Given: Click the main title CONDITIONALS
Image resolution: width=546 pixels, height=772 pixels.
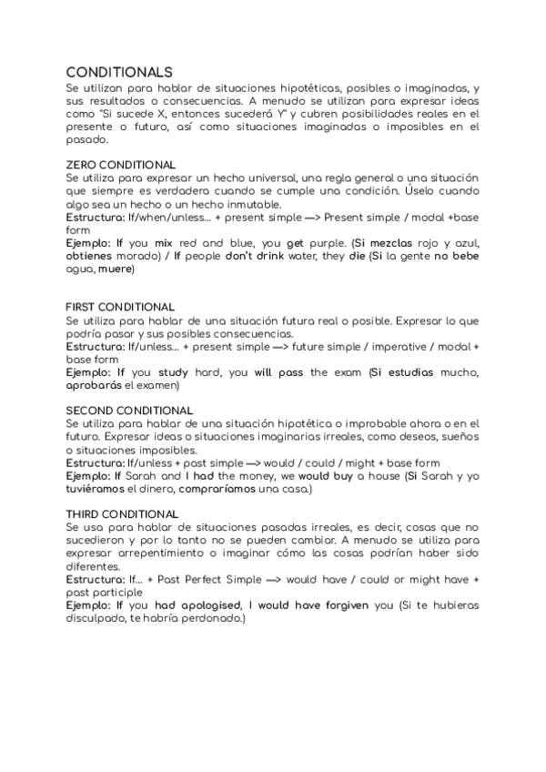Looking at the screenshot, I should coord(119,71).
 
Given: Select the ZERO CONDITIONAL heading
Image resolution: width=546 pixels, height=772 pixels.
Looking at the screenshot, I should coord(121,165).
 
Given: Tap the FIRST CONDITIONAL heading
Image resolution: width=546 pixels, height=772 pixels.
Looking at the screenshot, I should coord(120,307).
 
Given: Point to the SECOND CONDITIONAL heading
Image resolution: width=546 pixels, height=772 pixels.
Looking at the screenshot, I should coord(129,411).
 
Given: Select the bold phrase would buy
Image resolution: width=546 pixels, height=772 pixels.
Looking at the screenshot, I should coord(329,476).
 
